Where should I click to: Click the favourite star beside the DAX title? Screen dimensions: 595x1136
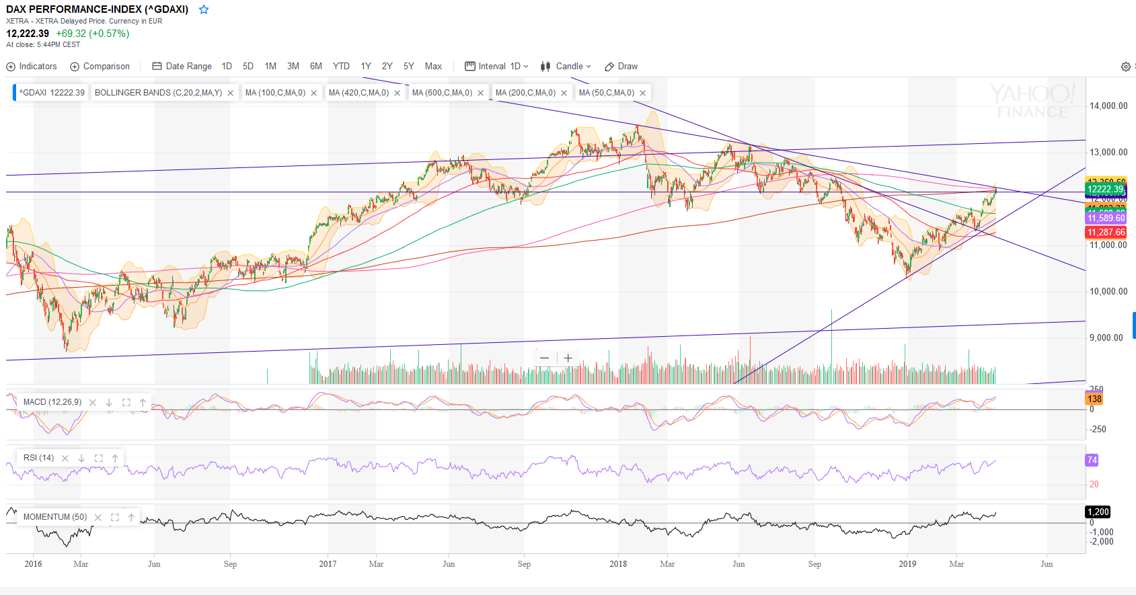(x=204, y=9)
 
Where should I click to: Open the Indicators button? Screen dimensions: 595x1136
(x=32, y=67)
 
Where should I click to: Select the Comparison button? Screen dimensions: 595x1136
(x=100, y=67)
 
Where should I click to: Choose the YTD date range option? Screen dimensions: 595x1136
(x=341, y=67)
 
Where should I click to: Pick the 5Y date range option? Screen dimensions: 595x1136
(x=408, y=67)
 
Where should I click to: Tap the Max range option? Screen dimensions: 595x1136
(x=433, y=67)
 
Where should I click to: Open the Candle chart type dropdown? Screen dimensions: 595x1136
(x=566, y=67)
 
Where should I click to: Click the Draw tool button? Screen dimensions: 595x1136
(x=621, y=67)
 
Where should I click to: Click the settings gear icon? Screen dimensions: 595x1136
(x=1125, y=67)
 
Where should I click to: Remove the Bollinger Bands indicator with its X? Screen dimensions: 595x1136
(x=230, y=93)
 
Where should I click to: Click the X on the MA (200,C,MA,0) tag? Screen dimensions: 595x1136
(x=564, y=93)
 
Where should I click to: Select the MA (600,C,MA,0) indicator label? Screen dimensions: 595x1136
(x=442, y=93)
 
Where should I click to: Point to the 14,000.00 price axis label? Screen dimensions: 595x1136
(x=1108, y=106)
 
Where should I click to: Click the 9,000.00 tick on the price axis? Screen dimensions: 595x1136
(x=1106, y=338)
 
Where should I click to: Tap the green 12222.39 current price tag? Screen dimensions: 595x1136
(x=1105, y=189)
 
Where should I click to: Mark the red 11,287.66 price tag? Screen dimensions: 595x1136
(x=1106, y=232)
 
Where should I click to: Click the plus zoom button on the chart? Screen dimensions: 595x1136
(x=568, y=358)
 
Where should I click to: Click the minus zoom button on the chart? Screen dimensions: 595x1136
(x=544, y=358)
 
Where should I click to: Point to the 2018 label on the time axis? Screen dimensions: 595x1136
(x=617, y=564)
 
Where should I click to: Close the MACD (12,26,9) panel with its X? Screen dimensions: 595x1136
(x=93, y=403)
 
